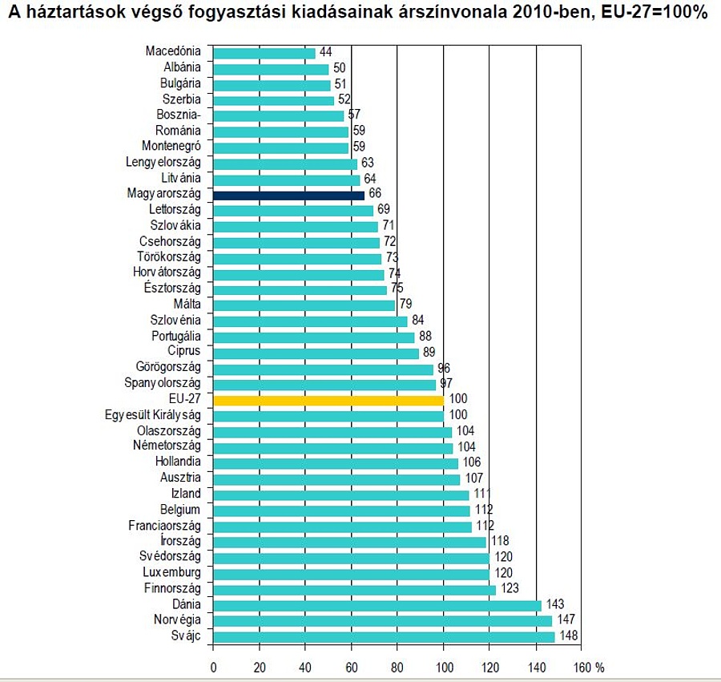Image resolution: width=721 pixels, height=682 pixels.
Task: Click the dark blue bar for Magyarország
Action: (288, 195)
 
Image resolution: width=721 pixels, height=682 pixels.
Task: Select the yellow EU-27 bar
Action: (328, 400)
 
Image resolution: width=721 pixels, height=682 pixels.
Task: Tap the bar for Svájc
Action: (384, 636)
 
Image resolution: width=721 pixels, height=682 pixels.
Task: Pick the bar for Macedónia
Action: (264, 53)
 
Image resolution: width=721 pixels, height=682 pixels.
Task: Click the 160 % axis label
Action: (589, 668)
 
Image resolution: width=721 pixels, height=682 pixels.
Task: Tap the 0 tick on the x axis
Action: (213, 668)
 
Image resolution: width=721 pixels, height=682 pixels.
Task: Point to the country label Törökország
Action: (169, 257)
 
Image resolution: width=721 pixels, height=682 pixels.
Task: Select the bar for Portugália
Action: (314, 337)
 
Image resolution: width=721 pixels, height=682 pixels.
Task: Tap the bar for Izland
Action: (340, 494)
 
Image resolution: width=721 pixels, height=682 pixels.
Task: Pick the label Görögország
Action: (168, 368)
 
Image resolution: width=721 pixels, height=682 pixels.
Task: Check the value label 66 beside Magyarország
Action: (375, 195)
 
